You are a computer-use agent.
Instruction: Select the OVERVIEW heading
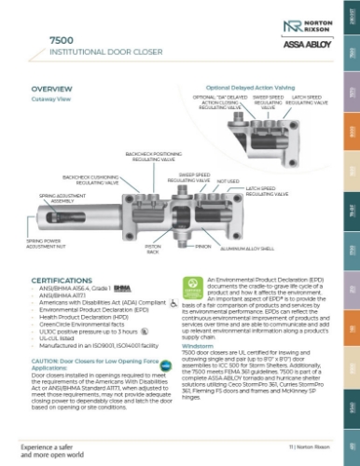pyautogui.click(x=52, y=89)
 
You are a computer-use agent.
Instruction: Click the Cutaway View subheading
pyautogui.click(x=50, y=98)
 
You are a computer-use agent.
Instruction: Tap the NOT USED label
pyautogui.click(x=228, y=183)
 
